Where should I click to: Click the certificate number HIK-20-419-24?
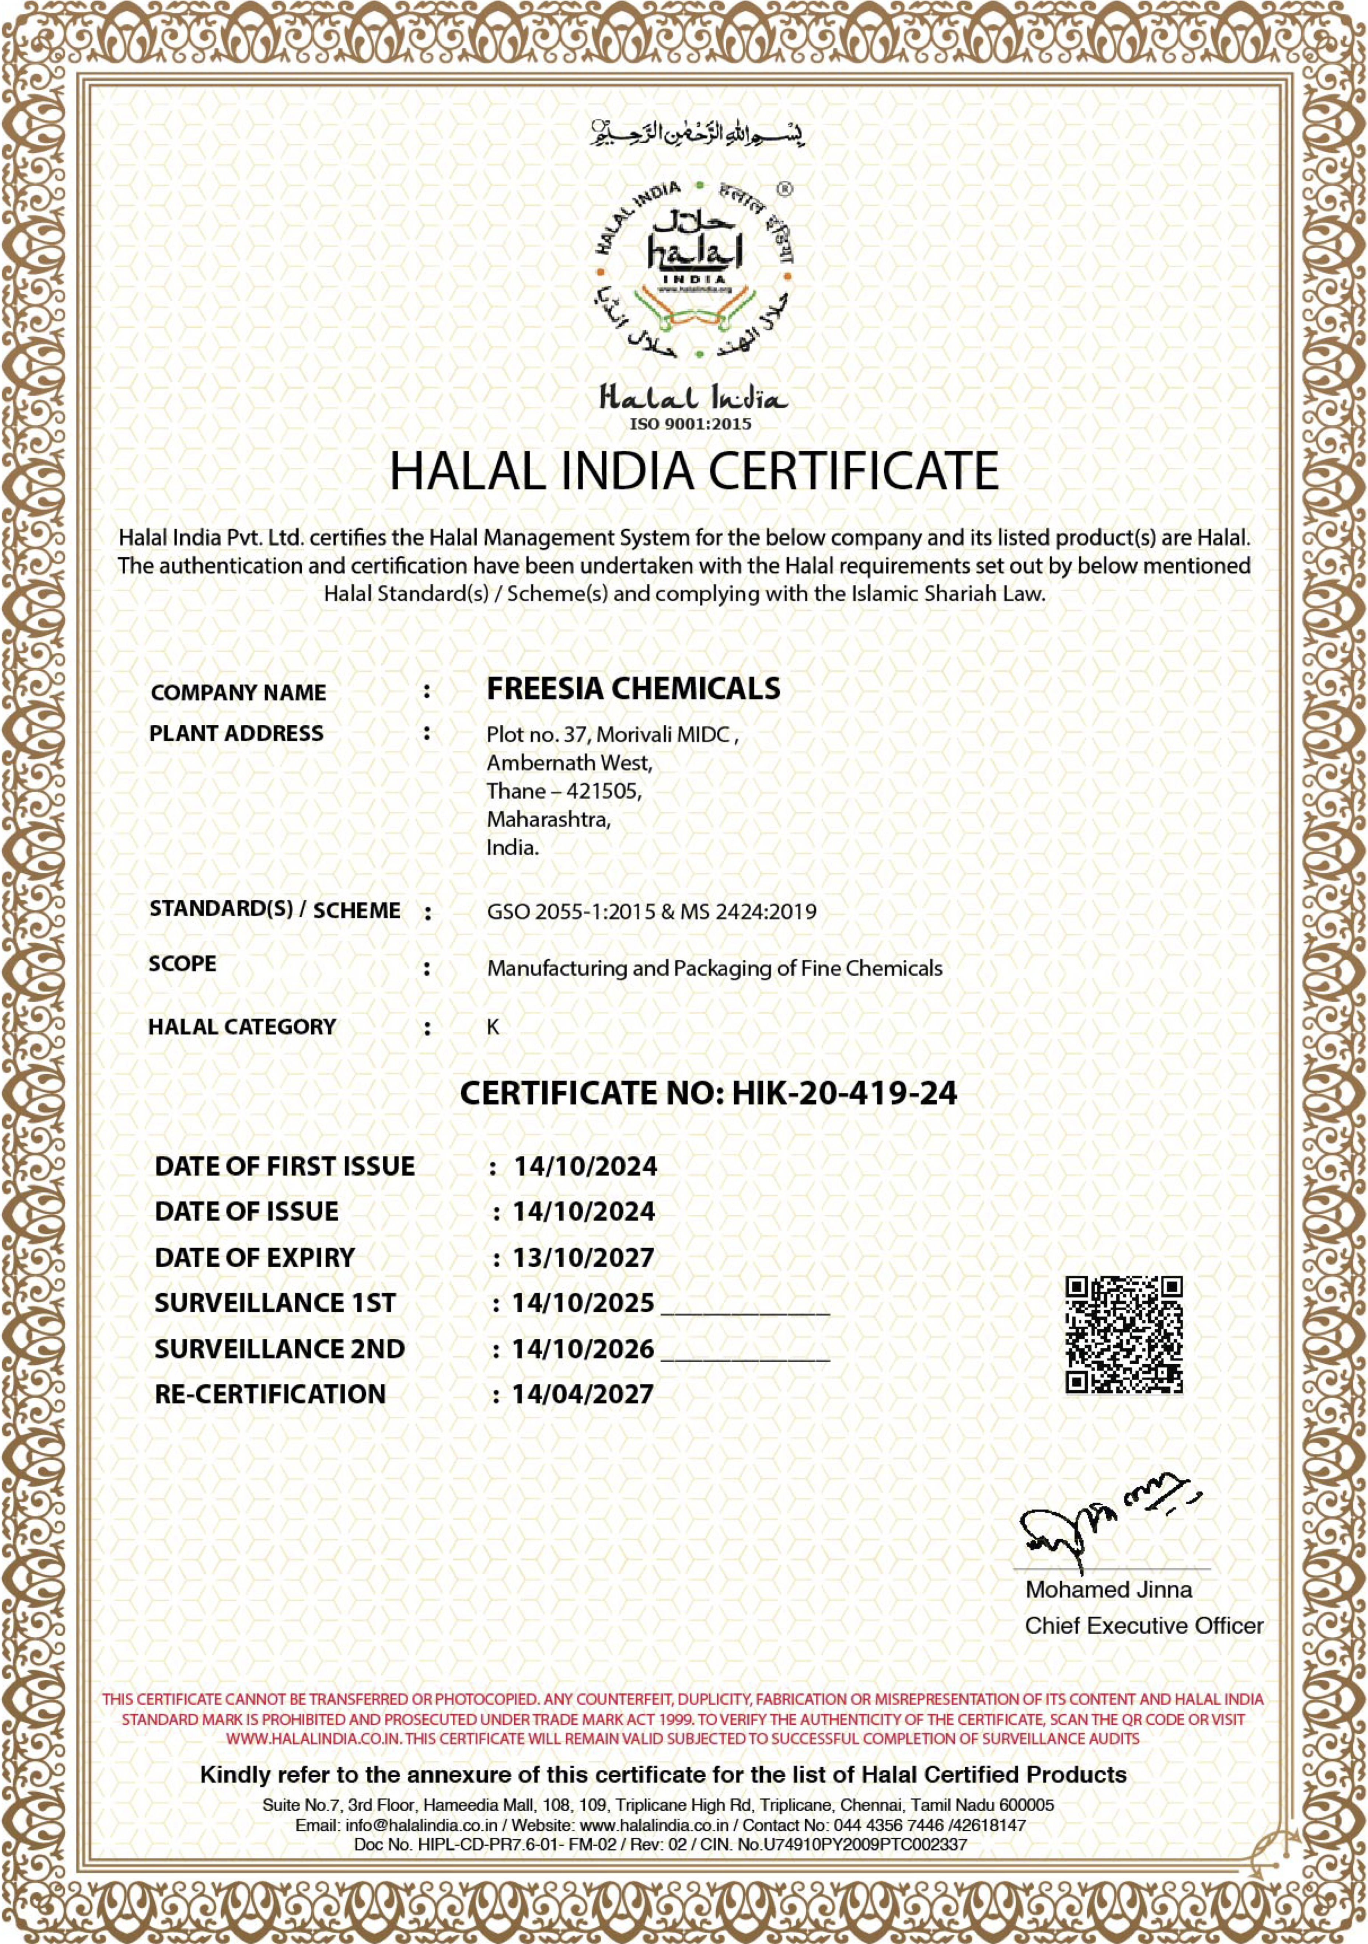pos(844,1093)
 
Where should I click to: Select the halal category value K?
pos(493,1027)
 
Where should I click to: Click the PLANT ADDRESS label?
pos(236,733)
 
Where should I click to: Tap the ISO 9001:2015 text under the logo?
pos(691,424)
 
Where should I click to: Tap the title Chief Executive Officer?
pos(1144,1626)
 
